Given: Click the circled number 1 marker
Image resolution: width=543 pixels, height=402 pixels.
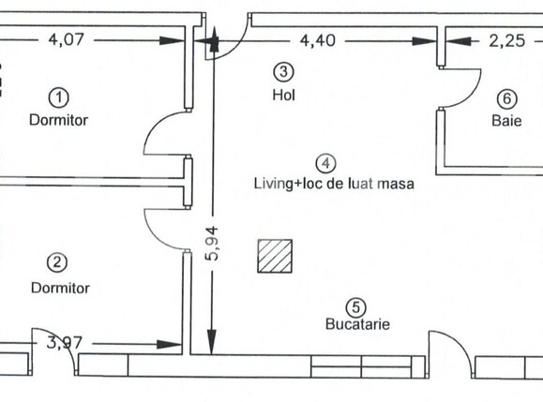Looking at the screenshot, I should (60, 97).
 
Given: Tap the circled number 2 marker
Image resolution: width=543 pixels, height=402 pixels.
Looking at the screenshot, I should (59, 263).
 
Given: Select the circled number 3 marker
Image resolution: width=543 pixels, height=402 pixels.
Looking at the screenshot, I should (283, 70).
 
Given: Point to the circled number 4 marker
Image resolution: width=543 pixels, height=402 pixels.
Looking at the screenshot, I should (325, 163).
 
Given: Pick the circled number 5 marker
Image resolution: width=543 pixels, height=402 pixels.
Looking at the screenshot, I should (356, 305).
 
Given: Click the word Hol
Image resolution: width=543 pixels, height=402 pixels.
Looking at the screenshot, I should (283, 95).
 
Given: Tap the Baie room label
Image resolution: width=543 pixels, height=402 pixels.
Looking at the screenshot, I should (505, 121).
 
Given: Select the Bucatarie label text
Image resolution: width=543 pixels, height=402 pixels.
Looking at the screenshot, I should (357, 325).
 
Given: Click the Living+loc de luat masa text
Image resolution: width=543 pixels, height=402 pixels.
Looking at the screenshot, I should (333, 185).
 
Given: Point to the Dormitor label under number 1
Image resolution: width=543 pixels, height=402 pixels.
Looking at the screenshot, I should (60, 120).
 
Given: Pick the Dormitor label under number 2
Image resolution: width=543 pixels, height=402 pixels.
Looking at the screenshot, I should (60, 288).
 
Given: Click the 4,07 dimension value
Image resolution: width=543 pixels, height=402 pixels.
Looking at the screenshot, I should (63, 40).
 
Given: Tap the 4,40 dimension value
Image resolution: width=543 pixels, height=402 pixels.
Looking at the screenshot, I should (319, 40).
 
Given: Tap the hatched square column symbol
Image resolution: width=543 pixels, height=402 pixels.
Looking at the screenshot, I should (276, 255).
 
